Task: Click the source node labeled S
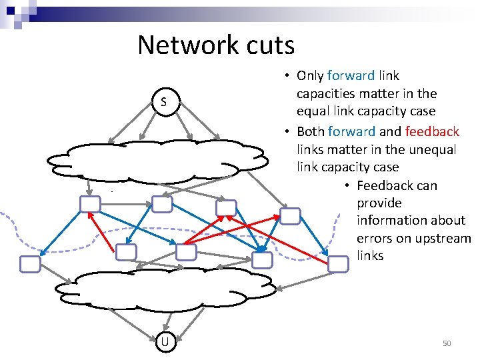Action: [x=163, y=102]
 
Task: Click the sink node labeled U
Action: [x=163, y=342]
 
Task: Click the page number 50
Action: [x=447, y=343]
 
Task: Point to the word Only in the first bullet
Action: [x=310, y=76]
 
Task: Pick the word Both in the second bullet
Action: [x=310, y=132]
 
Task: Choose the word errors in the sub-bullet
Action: [x=375, y=238]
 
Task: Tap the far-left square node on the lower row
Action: [x=30, y=265]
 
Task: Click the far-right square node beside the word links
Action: [x=339, y=263]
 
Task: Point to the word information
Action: [x=393, y=220]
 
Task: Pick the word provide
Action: [x=379, y=203]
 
